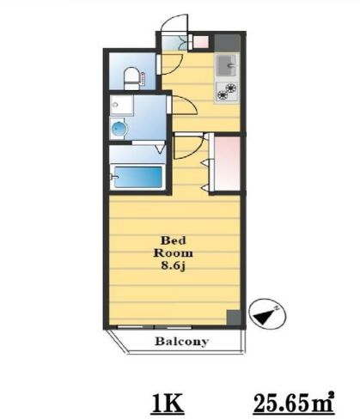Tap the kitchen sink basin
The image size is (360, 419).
click(x=227, y=65)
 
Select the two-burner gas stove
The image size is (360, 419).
click(x=227, y=92)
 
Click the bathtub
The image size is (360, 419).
click(x=137, y=177)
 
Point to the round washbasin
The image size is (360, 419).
click(x=119, y=130)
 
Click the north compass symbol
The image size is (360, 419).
click(x=268, y=315)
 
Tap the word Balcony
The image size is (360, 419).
click(x=182, y=341)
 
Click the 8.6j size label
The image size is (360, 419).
click(x=174, y=266)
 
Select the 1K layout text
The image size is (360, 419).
click(x=168, y=404)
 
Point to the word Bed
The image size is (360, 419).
click(x=174, y=240)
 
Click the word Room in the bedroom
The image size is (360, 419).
click(x=174, y=253)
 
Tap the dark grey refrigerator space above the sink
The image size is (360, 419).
click(x=227, y=43)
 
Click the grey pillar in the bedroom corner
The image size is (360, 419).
click(x=234, y=318)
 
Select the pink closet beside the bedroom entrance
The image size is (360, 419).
click(x=227, y=163)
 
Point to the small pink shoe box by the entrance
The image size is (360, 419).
click(x=201, y=42)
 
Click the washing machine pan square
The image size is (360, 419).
click(x=121, y=106)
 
